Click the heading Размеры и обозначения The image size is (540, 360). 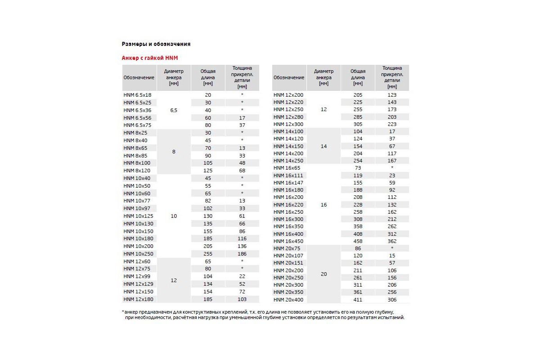click(x=156, y=44)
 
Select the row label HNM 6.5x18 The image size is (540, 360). click(x=137, y=95)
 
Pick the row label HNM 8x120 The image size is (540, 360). click(x=137, y=171)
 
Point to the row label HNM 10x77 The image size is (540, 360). click(x=137, y=201)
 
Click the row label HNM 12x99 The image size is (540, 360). click(x=137, y=276)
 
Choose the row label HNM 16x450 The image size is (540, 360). click(x=288, y=241)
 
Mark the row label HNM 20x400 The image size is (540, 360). click(x=288, y=300)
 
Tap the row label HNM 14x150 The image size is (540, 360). click(x=288, y=146)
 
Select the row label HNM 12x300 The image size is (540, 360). click(x=288, y=124)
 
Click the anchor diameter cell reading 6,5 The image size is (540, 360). click(x=174, y=110)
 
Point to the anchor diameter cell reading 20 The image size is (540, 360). click(x=324, y=274)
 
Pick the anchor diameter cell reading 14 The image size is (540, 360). click(x=324, y=146)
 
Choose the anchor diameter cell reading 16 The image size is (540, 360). click(x=324, y=205)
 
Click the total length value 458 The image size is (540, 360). click(x=358, y=241)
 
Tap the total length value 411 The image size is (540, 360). click(x=358, y=300)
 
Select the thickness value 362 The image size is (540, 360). click(x=392, y=241)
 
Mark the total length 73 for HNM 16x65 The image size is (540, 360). click(x=358, y=168)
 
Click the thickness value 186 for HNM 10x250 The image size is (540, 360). click(x=242, y=254)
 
